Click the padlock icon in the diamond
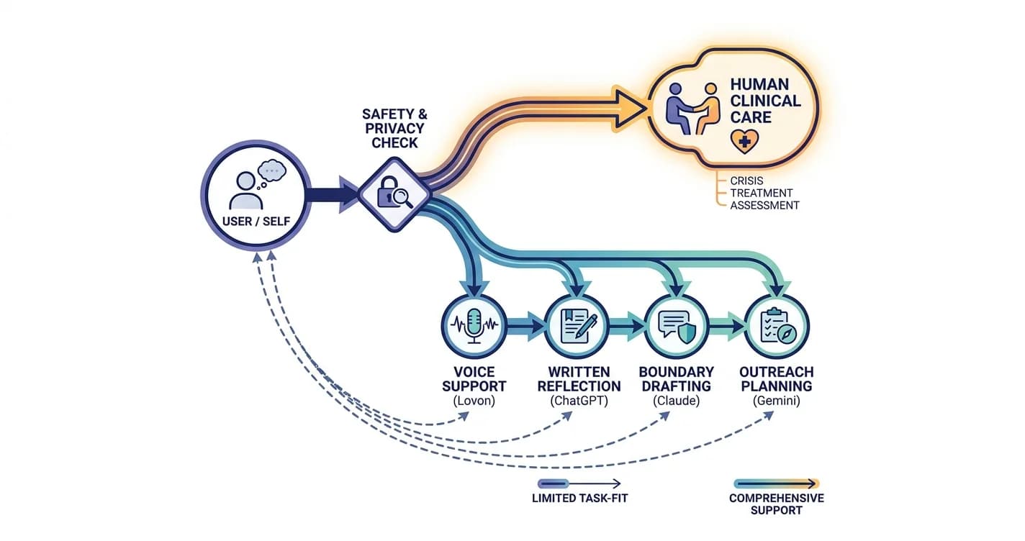(387, 192)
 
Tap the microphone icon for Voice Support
(474, 325)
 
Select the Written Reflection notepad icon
(577, 326)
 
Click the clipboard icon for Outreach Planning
(777, 326)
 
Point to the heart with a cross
(744, 141)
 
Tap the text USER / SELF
(256, 222)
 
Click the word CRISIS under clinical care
(746, 181)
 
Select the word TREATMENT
(761, 193)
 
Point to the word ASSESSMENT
(764, 205)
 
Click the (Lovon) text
(474, 401)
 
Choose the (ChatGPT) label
(579, 401)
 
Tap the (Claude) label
(676, 401)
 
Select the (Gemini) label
(777, 401)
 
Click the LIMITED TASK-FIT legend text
(579, 498)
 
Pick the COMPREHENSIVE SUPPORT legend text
(777, 504)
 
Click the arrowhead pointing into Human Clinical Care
(630, 109)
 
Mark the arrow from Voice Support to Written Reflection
(525, 326)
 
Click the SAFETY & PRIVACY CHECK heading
(394, 128)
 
